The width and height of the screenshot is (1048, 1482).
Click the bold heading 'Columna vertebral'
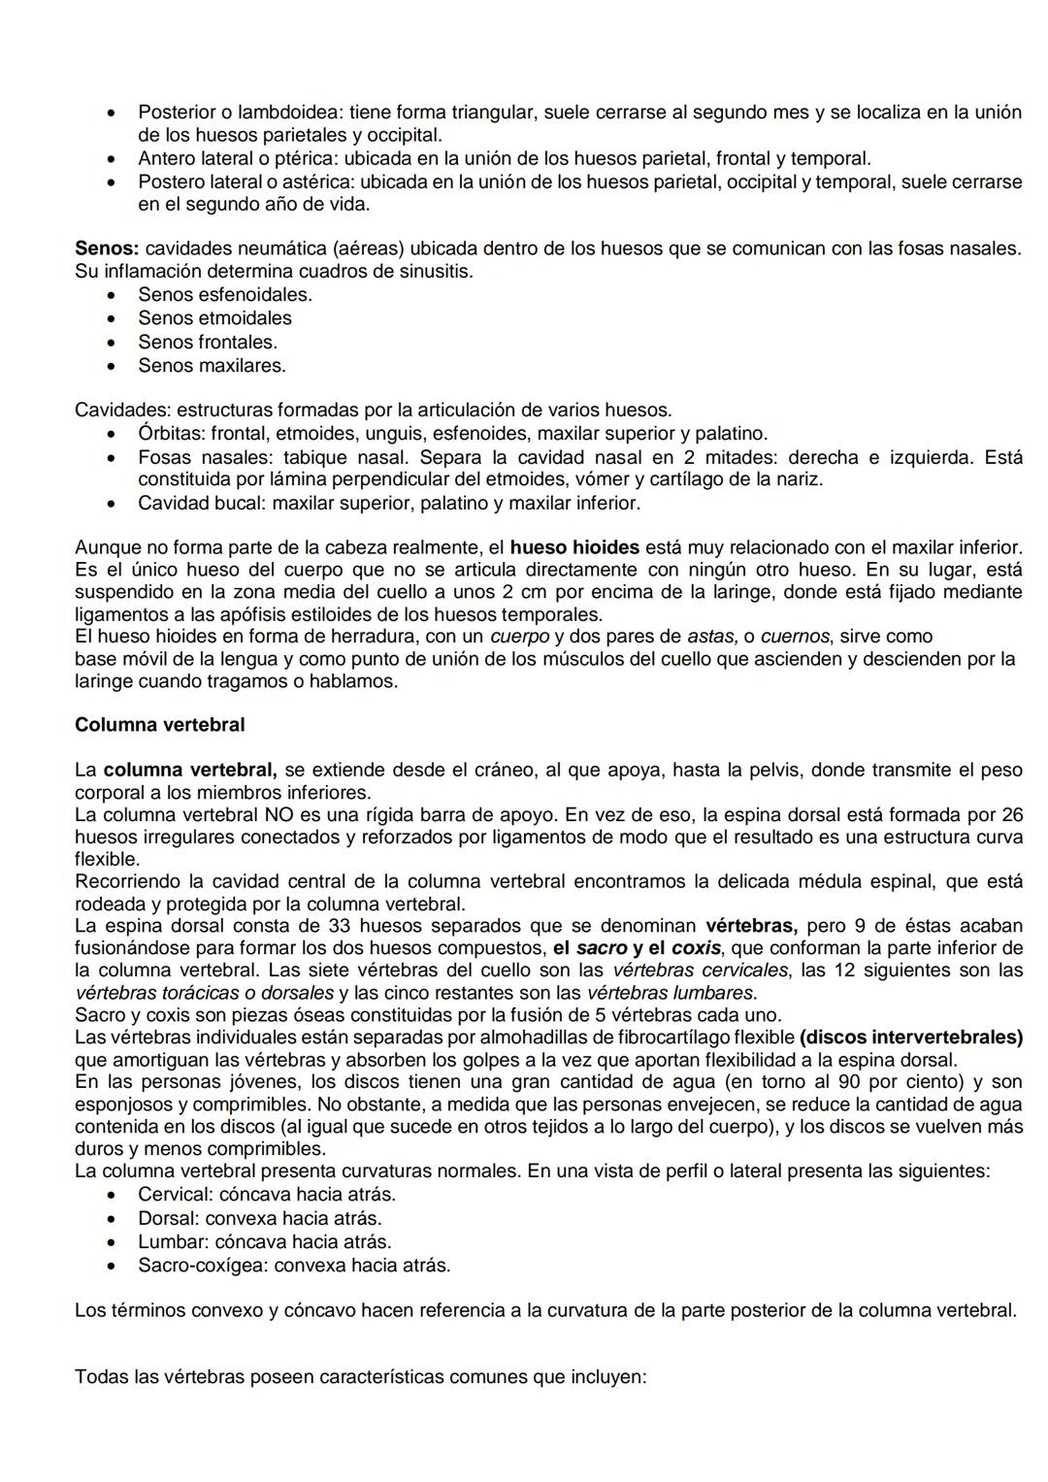coord(159,725)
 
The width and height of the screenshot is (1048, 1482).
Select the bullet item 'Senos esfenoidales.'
coord(224,294)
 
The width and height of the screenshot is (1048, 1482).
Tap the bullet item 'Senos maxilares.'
coord(212,366)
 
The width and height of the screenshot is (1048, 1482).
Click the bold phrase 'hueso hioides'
coord(573,547)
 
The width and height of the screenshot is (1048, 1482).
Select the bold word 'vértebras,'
coord(751,926)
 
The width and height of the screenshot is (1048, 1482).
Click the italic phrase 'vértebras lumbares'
coord(670,993)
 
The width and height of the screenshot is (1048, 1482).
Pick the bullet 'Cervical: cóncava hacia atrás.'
coord(266,1195)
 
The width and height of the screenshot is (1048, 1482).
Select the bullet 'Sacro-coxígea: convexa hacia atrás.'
coord(293,1266)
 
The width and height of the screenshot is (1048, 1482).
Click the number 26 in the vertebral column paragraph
coord(1011,814)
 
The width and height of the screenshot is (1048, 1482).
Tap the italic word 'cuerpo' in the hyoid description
coord(519,637)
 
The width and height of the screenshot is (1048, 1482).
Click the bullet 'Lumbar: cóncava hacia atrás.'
coord(264,1241)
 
